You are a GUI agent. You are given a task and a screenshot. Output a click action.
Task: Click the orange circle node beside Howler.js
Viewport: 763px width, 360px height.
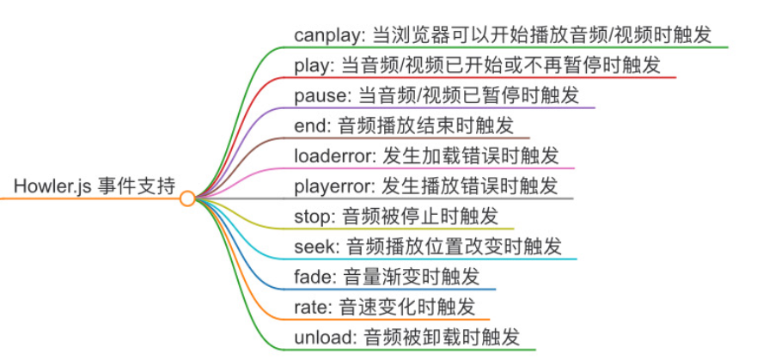(187, 199)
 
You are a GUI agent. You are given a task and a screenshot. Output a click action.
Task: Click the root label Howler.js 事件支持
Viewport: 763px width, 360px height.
(95, 185)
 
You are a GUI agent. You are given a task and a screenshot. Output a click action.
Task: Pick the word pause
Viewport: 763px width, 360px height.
(318, 95)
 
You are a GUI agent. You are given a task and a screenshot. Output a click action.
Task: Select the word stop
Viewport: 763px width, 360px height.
(311, 215)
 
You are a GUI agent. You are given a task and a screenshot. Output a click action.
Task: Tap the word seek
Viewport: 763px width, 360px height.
(314, 247)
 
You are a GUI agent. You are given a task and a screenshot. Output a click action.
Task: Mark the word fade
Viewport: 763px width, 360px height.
(313, 277)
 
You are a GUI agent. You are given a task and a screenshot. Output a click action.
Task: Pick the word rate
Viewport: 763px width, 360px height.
(310, 307)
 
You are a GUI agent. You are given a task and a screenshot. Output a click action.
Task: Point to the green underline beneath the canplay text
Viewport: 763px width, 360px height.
(516, 47)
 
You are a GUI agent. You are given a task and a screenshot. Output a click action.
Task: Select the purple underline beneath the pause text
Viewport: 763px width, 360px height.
(447, 107)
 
